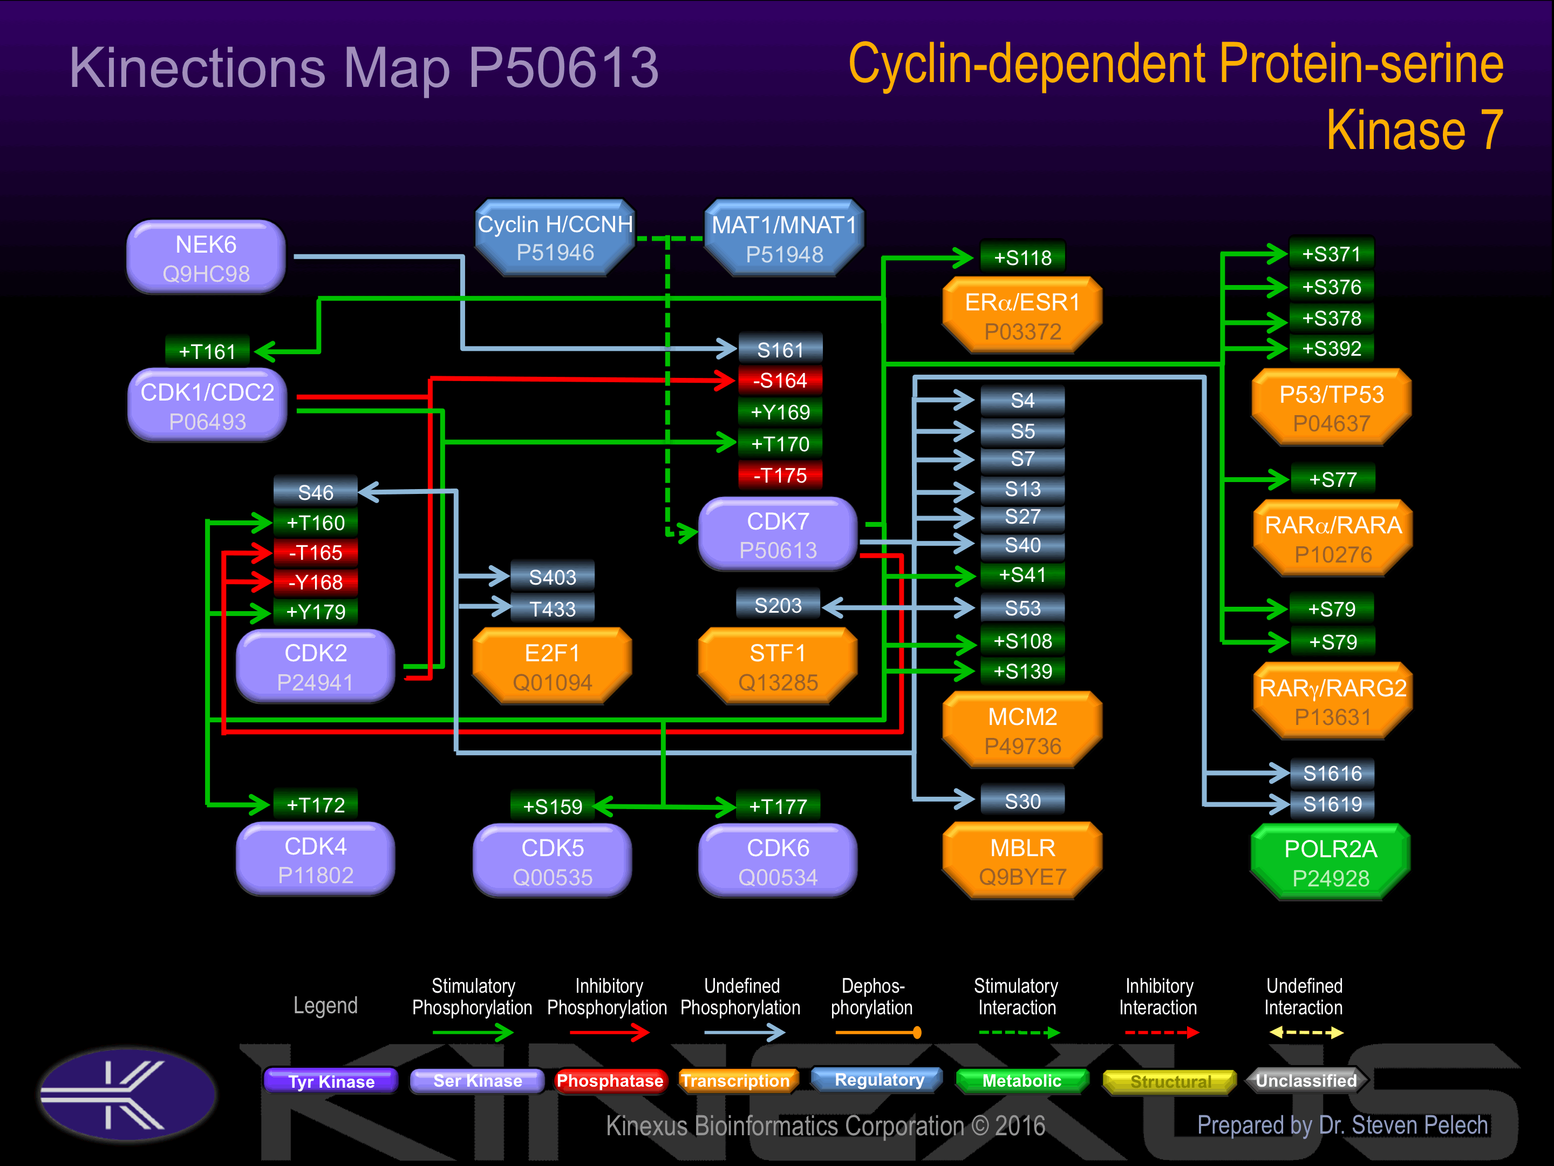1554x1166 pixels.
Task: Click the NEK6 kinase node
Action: [x=206, y=257]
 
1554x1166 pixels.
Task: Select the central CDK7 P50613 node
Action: [x=778, y=534]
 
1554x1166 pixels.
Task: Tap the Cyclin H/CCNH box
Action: [x=555, y=238]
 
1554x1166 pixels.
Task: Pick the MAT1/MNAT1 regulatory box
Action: [x=784, y=239]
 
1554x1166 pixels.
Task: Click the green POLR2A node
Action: [x=1331, y=863]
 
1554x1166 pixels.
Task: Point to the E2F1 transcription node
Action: [x=552, y=666]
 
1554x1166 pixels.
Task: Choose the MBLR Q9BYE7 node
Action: [x=1022, y=861]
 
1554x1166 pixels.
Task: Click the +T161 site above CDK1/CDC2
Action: [x=207, y=351]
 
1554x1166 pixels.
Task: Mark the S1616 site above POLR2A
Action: [x=1332, y=773]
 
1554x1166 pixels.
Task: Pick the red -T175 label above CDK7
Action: [x=780, y=475]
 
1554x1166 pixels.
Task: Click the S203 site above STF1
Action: [x=778, y=605]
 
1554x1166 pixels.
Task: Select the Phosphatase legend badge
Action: [x=609, y=1080]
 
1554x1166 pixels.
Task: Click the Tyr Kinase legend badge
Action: [x=331, y=1081]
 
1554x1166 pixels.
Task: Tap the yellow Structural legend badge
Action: [x=1170, y=1081]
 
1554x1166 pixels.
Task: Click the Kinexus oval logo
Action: [x=128, y=1094]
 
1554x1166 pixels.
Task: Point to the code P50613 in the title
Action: [x=563, y=67]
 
